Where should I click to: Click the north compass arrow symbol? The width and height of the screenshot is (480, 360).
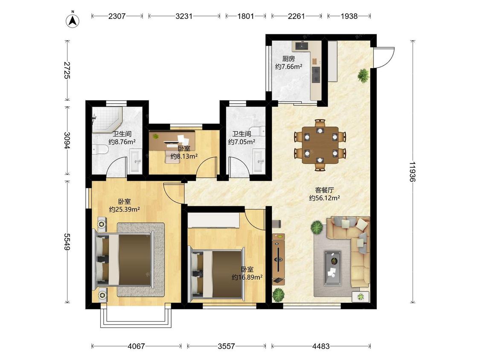[x=73, y=20]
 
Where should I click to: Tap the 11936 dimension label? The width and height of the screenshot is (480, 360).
[x=412, y=172]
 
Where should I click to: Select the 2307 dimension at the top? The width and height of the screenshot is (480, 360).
[x=116, y=16]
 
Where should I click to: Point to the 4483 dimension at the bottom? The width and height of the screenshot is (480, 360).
[x=321, y=346]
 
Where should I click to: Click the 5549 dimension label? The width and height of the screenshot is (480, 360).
[x=67, y=241]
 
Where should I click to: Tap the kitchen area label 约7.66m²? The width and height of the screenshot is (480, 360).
[x=289, y=67]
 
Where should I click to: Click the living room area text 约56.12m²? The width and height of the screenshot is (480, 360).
[x=325, y=198]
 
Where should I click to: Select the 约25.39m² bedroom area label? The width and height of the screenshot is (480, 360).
[x=125, y=210]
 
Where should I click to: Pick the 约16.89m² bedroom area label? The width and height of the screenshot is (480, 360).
[x=247, y=277]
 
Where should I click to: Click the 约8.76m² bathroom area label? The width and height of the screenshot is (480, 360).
[x=122, y=142]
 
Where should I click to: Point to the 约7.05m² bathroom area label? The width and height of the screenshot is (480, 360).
[x=241, y=142]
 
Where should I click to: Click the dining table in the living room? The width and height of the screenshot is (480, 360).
[x=320, y=145]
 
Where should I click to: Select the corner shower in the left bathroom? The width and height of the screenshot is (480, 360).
[x=107, y=120]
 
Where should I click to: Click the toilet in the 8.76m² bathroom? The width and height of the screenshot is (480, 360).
[x=100, y=150]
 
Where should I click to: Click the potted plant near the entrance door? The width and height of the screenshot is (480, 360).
[x=364, y=75]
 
